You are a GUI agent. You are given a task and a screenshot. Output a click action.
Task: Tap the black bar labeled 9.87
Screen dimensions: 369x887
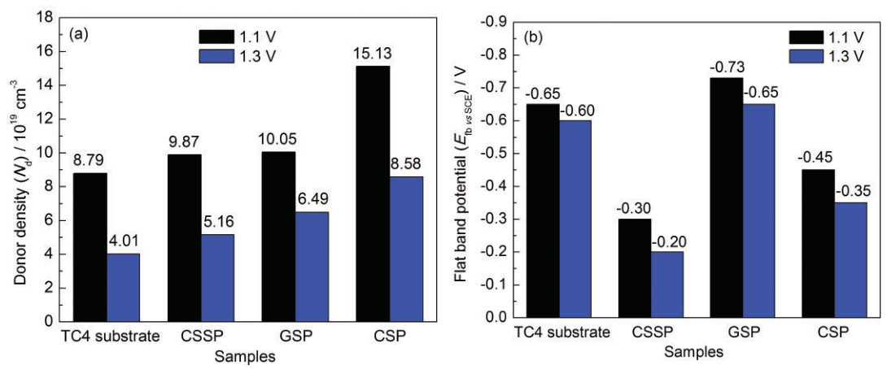coord(184,237)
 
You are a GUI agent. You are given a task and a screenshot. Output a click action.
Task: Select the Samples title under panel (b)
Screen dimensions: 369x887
coord(693,353)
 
